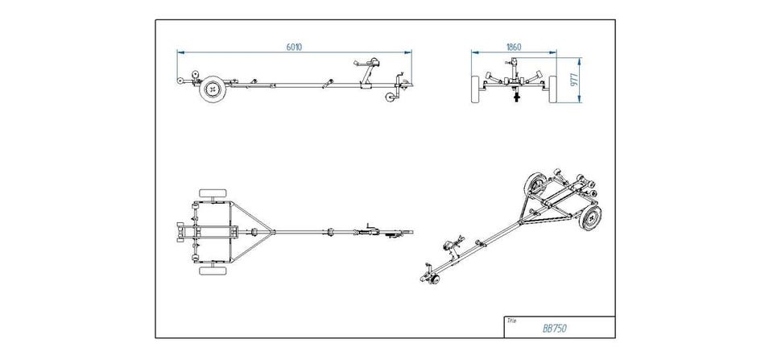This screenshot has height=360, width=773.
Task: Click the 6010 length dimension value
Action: pos(294,48)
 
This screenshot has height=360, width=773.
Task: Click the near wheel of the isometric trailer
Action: pos(592,216)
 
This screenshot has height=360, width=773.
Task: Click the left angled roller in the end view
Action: pos(490,80)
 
